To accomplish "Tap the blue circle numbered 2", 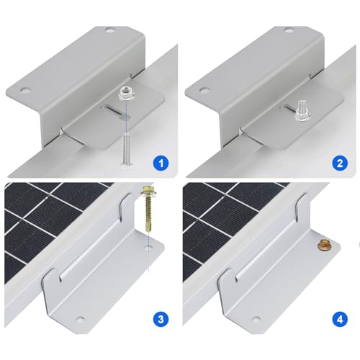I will tap(341, 163).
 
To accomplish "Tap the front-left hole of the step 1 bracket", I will tap(25, 92).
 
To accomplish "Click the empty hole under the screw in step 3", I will tap(148, 249).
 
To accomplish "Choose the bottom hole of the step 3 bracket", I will tap(80, 318).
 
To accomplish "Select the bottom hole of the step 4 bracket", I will tap(259, 318).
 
